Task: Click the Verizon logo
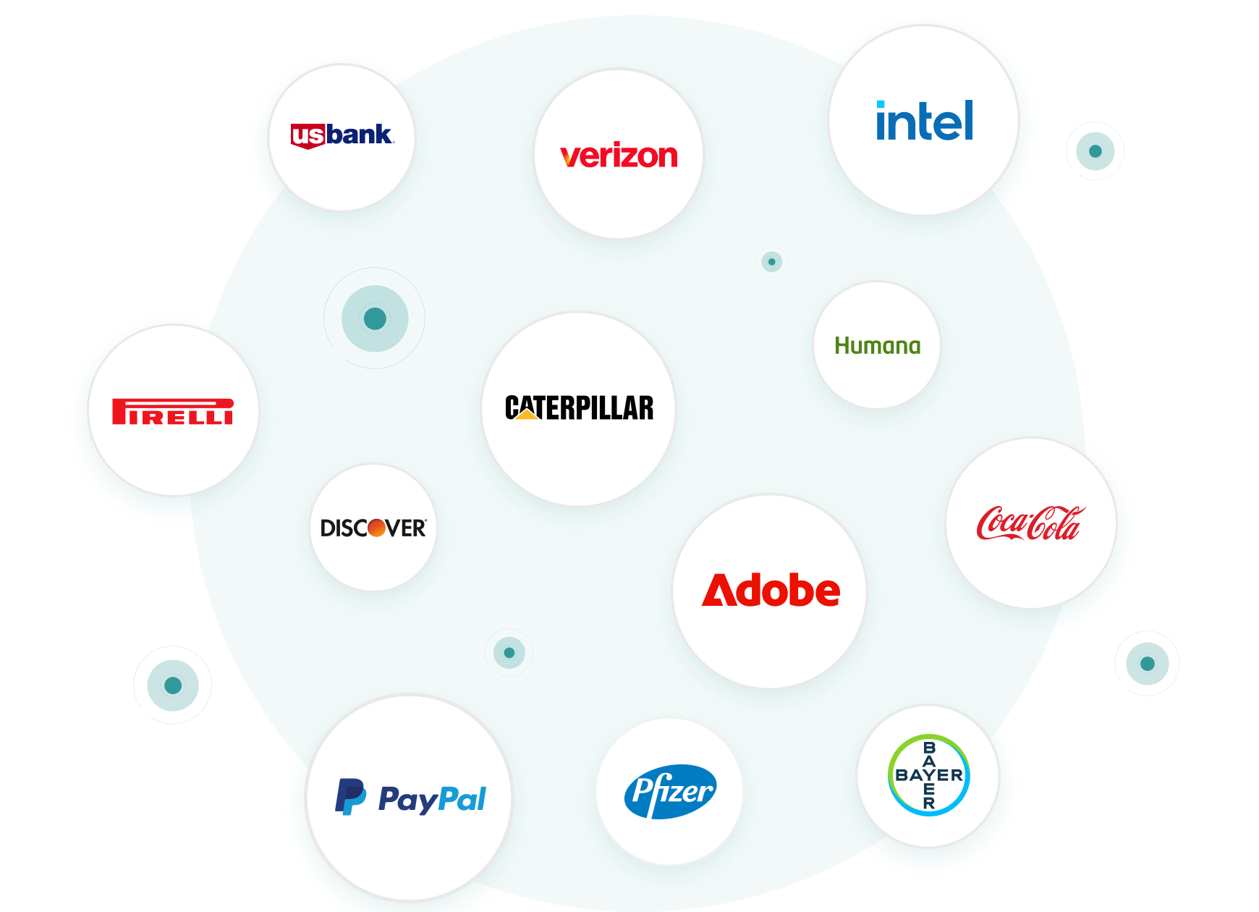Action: click(x=619, y=156)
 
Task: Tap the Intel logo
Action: click(x=924, y=121)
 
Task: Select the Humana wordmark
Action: click(x=877, y=346)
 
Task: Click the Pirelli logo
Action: click(x=172, y=411)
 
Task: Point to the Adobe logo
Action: click(x=771, y=591)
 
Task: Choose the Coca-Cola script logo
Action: click(x=1030, y=523)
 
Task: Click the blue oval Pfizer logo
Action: click(x=670, y=791)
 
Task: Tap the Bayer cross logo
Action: click(x=928, y=775)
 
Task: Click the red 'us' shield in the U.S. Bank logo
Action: click(x=307, y=136)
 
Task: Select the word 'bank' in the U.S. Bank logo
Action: click(x=359, y=135)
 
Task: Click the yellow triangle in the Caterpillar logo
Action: click(x=527, y=413)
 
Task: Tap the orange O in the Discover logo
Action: click(x=376, y=528)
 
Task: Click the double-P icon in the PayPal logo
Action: click(x=350, y=797)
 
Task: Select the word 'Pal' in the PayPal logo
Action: click(x=462, y=799)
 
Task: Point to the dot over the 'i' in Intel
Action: click(x=881, y=105)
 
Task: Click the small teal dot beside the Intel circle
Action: click(x=1095, y=151)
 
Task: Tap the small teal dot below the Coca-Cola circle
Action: click(x=1147, y=664)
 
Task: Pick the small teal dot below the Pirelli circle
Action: click(x=173, y=685)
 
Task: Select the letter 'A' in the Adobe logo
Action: click(x=719, y=591)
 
